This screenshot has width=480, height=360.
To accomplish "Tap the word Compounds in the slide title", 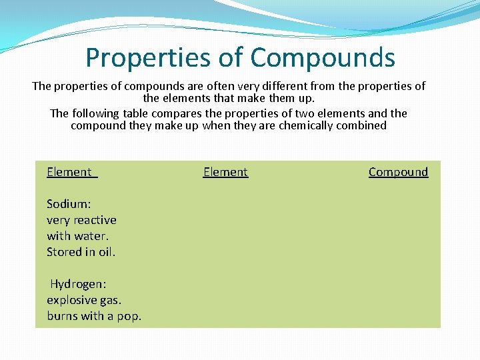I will (x=323, y=58).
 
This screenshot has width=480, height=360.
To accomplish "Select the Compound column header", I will (x=398, y=172).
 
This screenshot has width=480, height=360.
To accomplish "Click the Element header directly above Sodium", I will (x=69, y=172).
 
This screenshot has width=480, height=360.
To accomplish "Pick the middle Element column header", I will (x=225, y=172).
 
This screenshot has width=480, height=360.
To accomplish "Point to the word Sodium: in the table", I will (x=68, y=204).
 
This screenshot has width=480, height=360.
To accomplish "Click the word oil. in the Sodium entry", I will (x=105, y=252).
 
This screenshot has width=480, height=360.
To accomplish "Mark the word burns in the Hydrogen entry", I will (x=62, y=316).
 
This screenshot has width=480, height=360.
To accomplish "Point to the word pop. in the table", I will (x=129, y=316).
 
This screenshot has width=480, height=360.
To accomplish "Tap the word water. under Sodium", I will (x=92, y=236).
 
